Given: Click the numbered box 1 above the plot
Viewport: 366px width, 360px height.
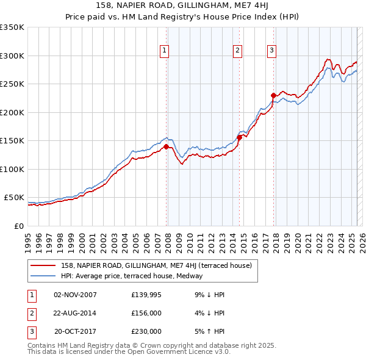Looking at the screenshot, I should click(165, 51).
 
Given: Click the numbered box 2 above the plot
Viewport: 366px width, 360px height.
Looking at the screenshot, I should click(237, 51).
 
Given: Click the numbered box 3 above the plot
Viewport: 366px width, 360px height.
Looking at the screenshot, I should click(271, 51).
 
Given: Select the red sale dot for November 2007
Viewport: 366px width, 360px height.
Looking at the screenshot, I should click(166, 146).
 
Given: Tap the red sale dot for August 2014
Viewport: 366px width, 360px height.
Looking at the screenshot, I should click(239, 137).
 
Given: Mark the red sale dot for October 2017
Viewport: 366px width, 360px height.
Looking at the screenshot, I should click(273, 95).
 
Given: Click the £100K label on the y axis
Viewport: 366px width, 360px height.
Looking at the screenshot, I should click(12, 169).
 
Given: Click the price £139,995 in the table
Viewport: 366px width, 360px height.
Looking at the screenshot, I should click(146, 295).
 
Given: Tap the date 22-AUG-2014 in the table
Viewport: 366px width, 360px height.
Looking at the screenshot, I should click(75, 313).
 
